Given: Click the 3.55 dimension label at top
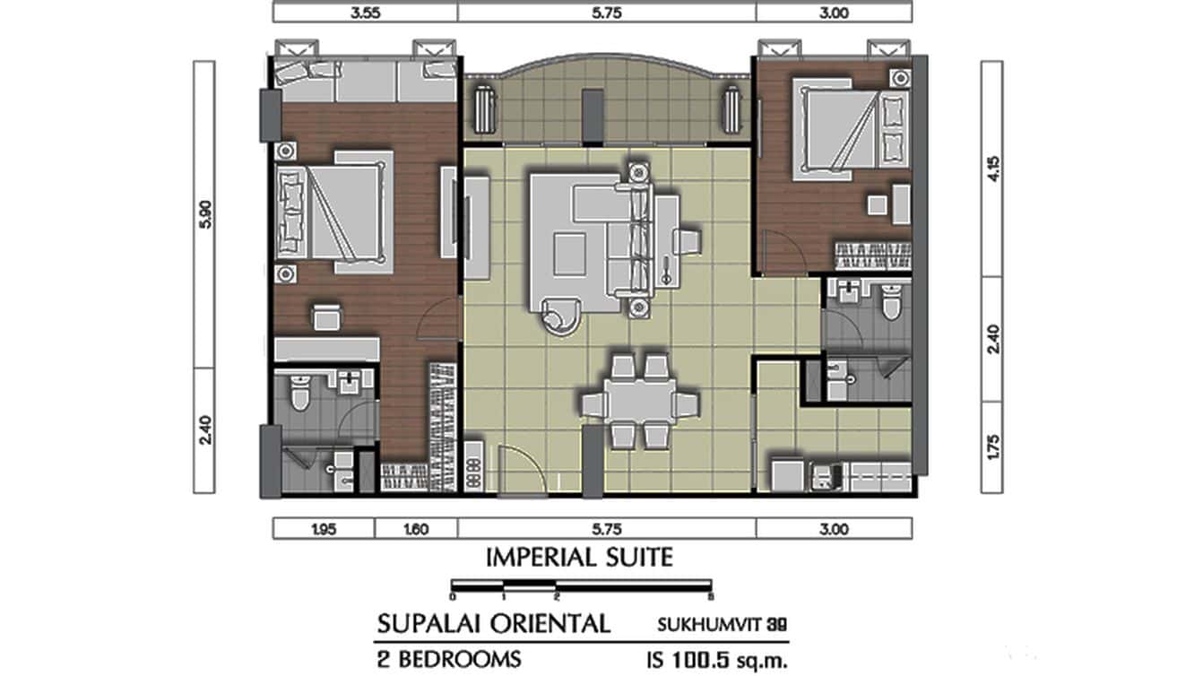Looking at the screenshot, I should [365, 12].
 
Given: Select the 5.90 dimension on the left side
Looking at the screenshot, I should [204, 214].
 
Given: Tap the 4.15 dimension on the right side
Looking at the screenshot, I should [992, 169].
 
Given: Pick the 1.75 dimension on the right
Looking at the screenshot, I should [992, 446].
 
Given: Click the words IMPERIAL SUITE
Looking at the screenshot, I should [579, 558].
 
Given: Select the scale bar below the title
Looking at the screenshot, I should [582, 587].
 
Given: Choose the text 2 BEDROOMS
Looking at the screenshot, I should [449, 659].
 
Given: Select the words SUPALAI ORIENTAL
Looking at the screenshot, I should [494, 621].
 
